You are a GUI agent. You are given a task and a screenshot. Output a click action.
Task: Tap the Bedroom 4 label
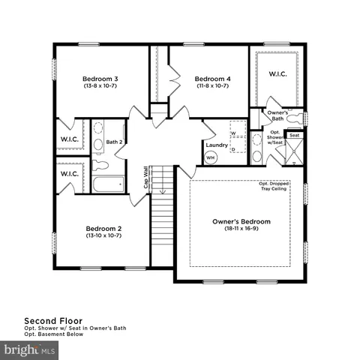[x=212, y=79]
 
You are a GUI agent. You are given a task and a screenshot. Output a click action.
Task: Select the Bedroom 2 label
[x=103, y=229]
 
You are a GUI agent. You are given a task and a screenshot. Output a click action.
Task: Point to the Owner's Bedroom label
[x=241, y=222]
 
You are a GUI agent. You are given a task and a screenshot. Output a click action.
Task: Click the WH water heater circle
[x=211, y=158]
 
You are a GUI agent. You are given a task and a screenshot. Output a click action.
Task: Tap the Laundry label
[x=216, y=144]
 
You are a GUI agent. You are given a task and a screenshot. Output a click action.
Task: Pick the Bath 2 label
[x=114, y=141]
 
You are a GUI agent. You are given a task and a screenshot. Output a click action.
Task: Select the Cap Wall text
[x=146, y=181]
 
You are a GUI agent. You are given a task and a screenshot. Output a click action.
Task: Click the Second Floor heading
[x=49, y=319]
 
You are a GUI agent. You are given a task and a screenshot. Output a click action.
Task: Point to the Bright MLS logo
[x=30, y=349]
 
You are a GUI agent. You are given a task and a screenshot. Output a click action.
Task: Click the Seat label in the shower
[x=295, y=136]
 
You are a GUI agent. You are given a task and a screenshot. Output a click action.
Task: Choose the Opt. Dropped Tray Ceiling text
[x=274, y=185]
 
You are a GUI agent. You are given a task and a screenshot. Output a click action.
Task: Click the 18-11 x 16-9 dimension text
[x=241, y=230]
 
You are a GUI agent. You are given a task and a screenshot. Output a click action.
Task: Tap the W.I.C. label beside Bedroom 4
[x=278, y=73]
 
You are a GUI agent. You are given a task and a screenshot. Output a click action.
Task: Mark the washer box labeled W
[x=233, y=133]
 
